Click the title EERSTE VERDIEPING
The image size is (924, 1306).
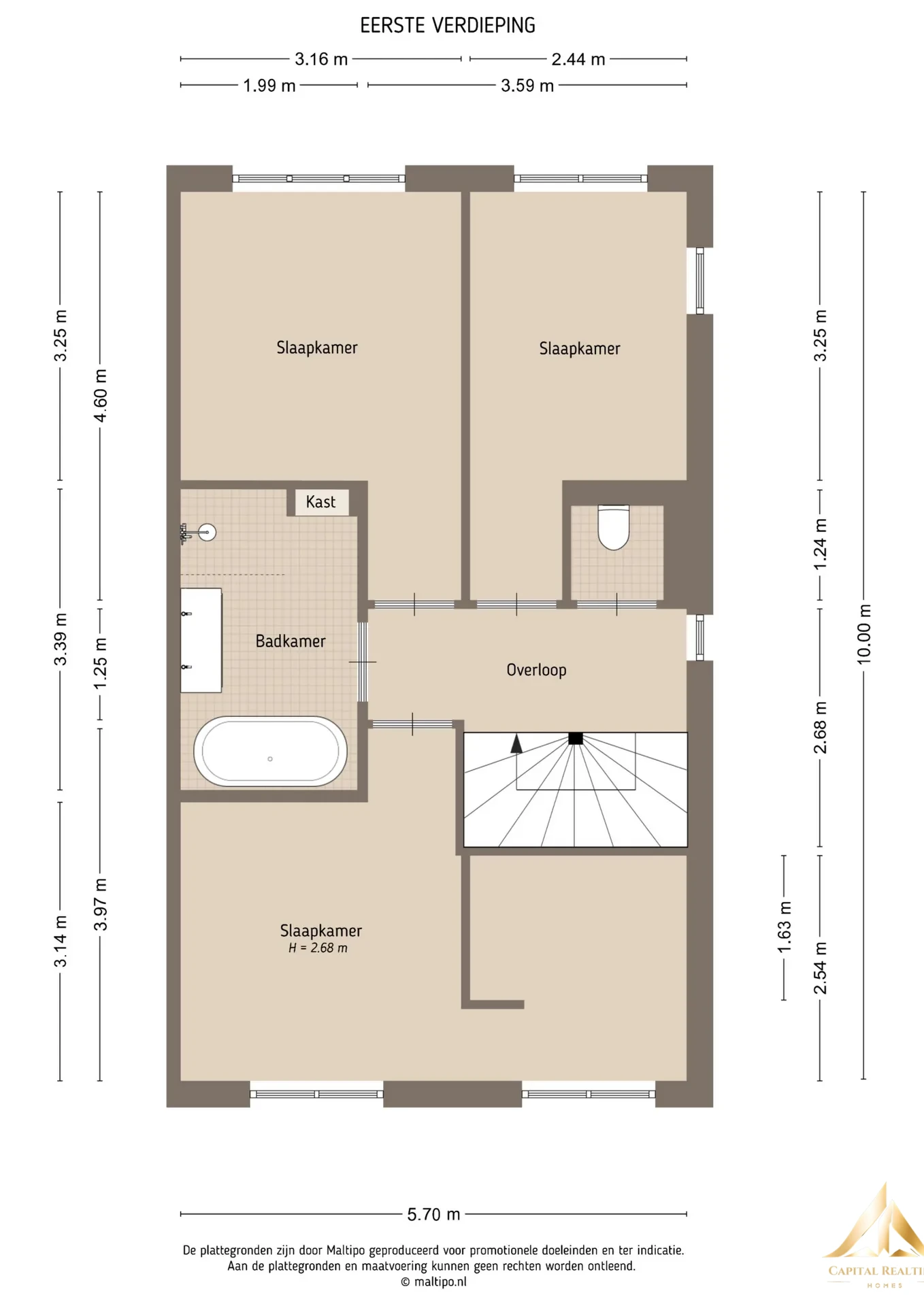448,26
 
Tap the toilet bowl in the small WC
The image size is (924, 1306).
613,526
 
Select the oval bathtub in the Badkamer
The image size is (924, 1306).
270,751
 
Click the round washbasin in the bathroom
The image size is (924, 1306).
207,532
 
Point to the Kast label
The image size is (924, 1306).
320,502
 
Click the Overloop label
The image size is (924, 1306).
536,670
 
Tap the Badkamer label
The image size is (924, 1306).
291,641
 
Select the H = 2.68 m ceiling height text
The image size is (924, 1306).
318,948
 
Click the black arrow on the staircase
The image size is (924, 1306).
516,743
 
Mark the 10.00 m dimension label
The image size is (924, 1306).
863,634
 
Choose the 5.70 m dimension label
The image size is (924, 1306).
433,1214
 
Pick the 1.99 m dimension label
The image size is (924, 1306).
269,86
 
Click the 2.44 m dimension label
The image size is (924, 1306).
578,59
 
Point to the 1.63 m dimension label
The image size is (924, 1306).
784,927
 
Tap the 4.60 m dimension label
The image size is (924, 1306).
100,395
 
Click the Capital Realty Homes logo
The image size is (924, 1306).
875,1238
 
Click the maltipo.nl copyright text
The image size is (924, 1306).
433,1282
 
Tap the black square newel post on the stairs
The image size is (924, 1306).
576,738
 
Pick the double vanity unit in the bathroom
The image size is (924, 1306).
201,641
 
